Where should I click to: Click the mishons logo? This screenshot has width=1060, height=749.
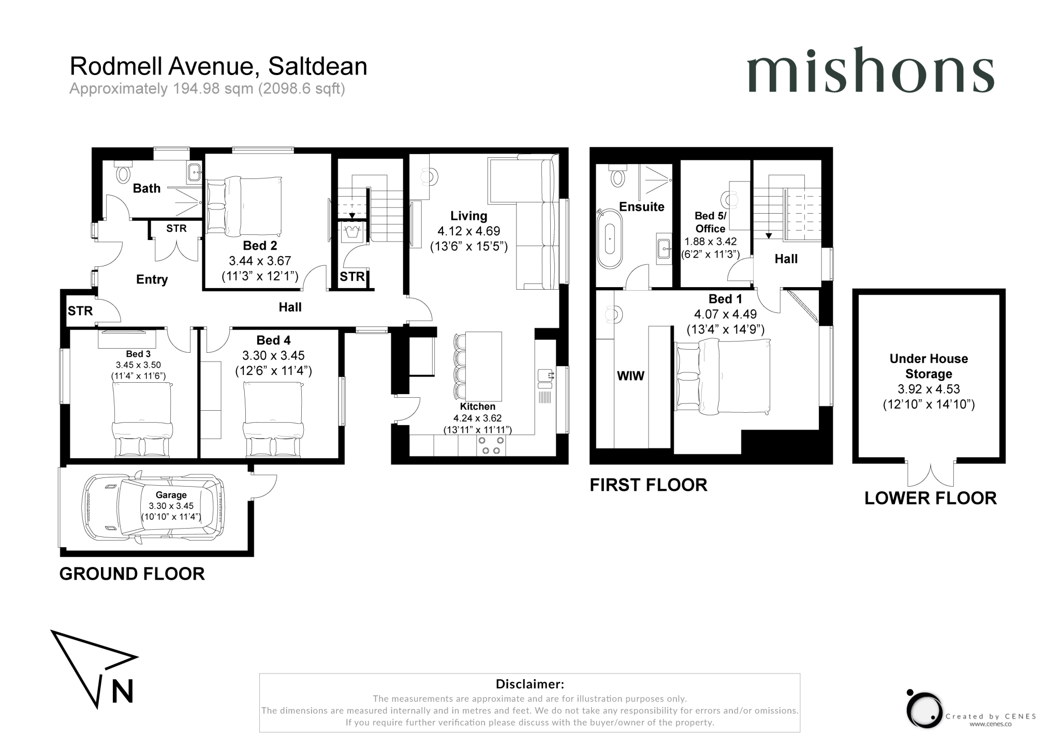870,71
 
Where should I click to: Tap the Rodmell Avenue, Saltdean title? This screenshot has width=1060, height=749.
218,66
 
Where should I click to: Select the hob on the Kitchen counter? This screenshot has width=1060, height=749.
491,445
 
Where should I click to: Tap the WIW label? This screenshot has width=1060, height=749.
630,376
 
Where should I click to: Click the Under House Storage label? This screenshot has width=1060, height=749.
929,366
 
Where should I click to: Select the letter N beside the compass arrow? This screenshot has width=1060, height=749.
123,691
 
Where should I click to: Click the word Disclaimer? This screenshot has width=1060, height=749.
529,684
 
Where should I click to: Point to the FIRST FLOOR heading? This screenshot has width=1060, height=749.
648,485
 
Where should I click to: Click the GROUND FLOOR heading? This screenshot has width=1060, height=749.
132,574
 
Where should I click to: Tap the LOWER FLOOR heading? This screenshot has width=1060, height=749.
930,498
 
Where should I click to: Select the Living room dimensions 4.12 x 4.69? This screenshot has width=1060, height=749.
469,231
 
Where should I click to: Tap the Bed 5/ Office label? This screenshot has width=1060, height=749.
710,222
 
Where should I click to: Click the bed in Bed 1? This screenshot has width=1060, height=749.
723,376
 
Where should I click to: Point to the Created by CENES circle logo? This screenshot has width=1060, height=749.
924,710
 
